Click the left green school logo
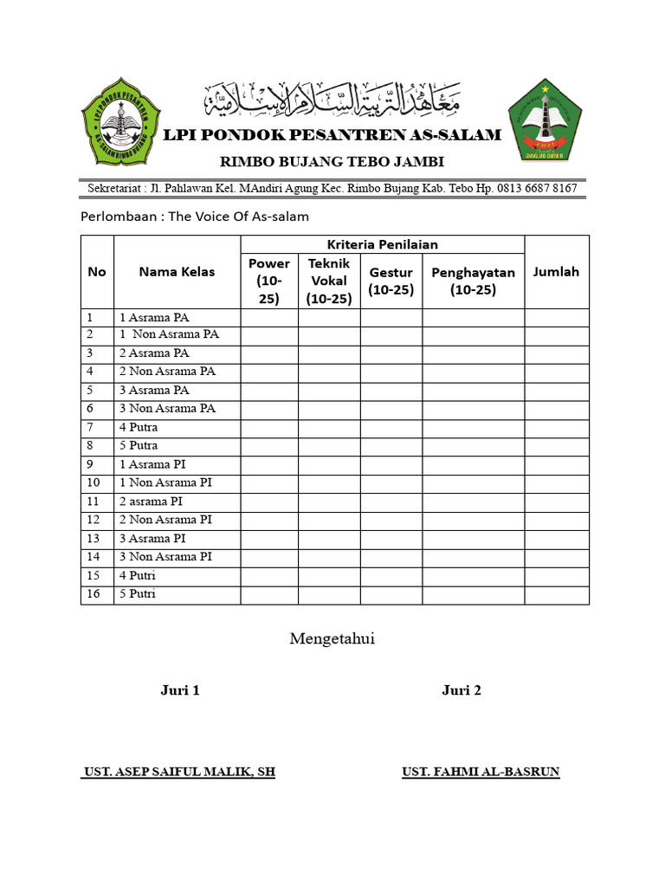pos(121,122)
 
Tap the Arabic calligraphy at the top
pos(332,101)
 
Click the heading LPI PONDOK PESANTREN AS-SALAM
pos(333,135)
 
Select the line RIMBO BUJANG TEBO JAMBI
pos(332,162)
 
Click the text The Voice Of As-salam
pos(238,217)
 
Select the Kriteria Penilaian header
pos(382,245)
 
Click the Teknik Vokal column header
pos(329,281)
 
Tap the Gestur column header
pos(391,281)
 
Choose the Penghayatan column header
pos(473,281)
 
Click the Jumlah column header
pos(556,271)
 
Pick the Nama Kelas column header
pos(177,271)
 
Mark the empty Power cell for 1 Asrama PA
pos(269,317)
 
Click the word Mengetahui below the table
pos(332,639)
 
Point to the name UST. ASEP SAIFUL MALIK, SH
pos(179,772)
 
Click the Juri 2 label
pos(461,690)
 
